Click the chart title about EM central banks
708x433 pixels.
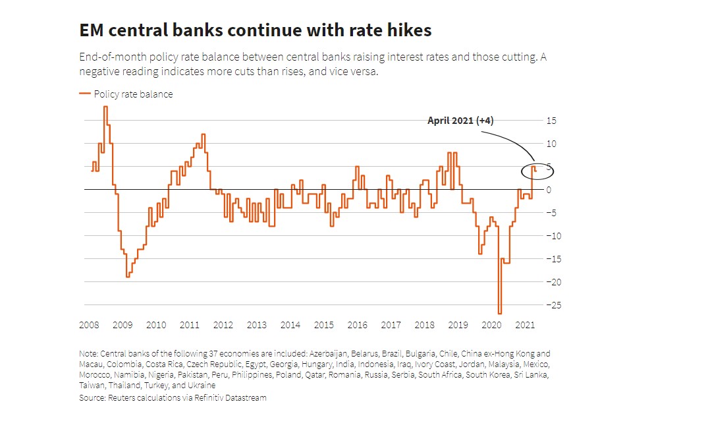pos(255,30)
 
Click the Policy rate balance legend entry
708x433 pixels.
pos(132,94)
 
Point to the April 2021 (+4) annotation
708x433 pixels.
pos(460,121)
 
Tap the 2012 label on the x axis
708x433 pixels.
pos(223,325)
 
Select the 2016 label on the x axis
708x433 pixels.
pos(357,325)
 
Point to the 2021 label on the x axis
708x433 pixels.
pos(524,325)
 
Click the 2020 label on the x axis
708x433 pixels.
pos(491,325)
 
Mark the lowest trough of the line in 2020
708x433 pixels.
pos(500,313)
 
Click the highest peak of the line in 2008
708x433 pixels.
pos(105,107)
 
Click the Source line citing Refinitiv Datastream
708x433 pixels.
pos(173,398)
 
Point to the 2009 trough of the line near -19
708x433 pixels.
pos(128,276)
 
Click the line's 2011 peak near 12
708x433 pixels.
pos(204,134)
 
